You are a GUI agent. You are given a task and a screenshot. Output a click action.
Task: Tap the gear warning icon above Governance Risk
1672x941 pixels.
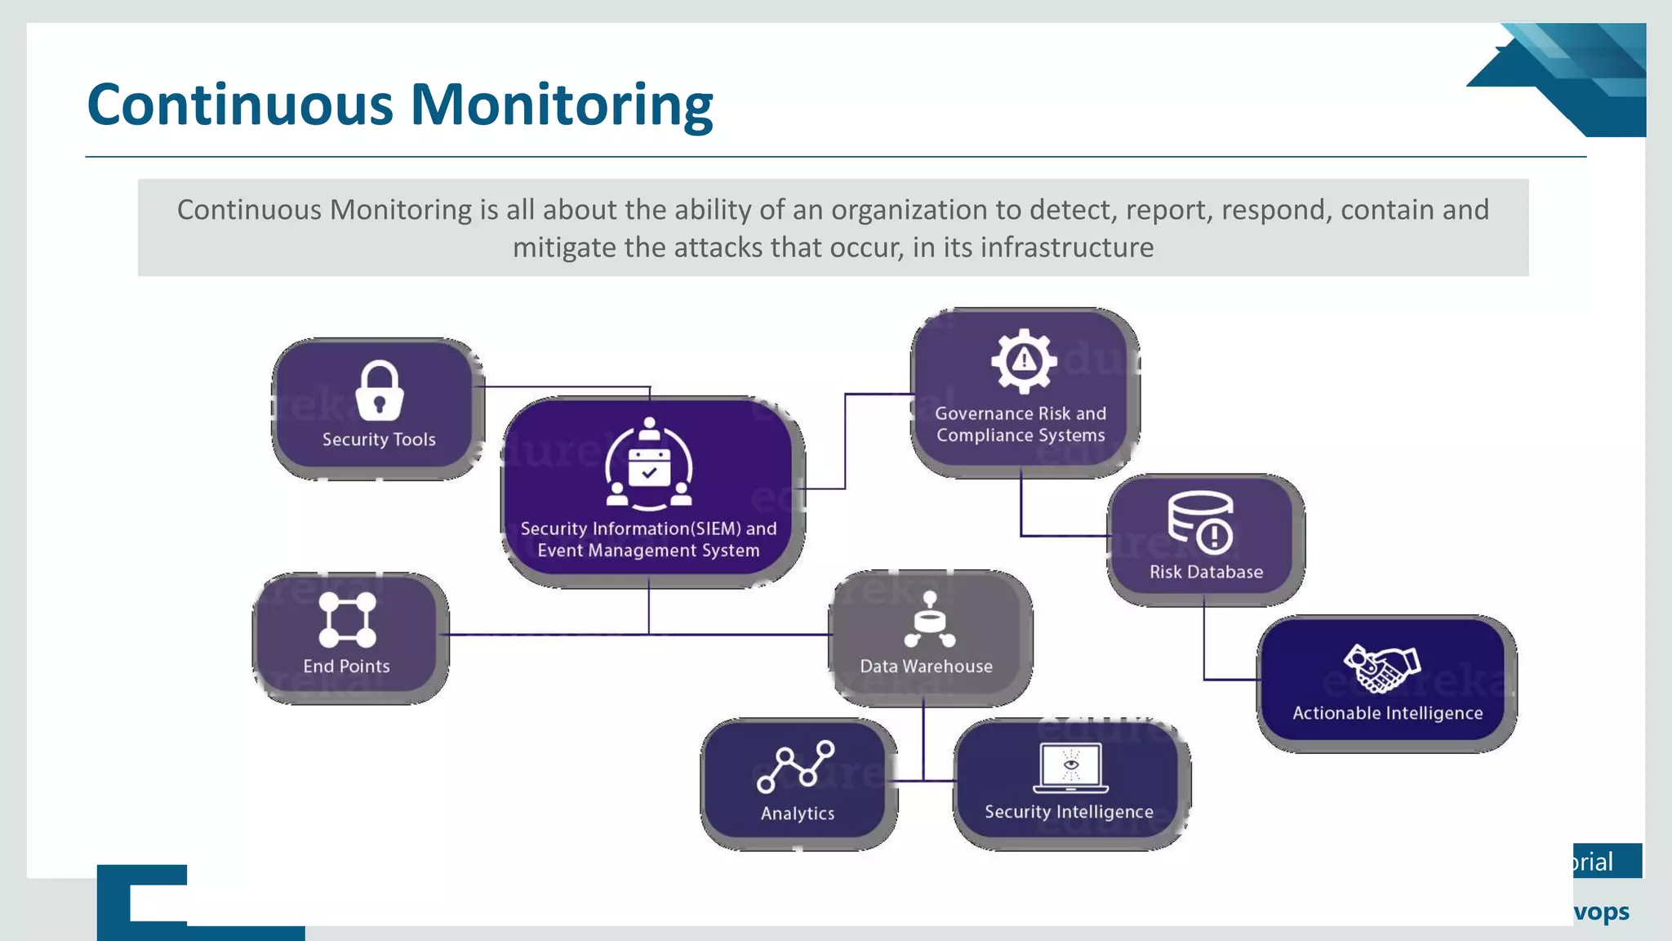pyautogui.click(x=1024, y=360)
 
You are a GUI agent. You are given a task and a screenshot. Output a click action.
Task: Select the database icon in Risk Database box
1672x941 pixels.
pyautogui.click(x=1200, y=522)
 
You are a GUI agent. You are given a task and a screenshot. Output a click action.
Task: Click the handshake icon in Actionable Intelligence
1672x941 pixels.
pyautogui.click(x=1382, y=668)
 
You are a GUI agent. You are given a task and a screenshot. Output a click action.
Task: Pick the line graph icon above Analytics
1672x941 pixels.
pyautogui.click(x=796, y=766)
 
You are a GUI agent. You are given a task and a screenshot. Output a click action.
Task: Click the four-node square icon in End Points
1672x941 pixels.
pyautogui.click(x=347, y=619)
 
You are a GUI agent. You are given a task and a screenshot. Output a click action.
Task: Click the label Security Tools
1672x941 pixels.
pyautogui.click(x=379, y=439)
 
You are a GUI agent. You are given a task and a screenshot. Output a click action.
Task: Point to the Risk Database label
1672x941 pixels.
pyautogui.click(x=1206, y=572)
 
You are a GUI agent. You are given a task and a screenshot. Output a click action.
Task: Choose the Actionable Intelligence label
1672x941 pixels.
pyautogui.click(x=1387, y=713)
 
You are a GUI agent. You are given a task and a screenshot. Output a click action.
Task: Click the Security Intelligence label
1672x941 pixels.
pyautogui.click(x=1069, y=812)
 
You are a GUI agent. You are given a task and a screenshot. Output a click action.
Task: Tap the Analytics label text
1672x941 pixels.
pyautogui.click(x=798, y=814)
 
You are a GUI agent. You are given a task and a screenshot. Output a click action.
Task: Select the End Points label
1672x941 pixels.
pyautogui.click(x=346, y=667)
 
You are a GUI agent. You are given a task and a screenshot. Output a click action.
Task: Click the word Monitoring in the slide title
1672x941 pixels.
pyautogui.click(x=562, y=105)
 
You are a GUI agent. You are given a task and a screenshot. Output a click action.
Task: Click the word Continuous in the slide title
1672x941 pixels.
pyautogui.click(x=240, y=105)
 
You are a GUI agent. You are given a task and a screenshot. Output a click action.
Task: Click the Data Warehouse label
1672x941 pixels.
pyautogui.click(x=926, y=667)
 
